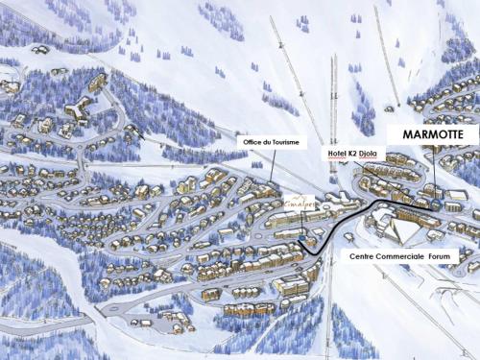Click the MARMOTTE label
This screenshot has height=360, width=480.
(432, 135)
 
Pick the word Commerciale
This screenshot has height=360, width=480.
(399, 256)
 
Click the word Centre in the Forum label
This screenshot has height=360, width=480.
(362, 256)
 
